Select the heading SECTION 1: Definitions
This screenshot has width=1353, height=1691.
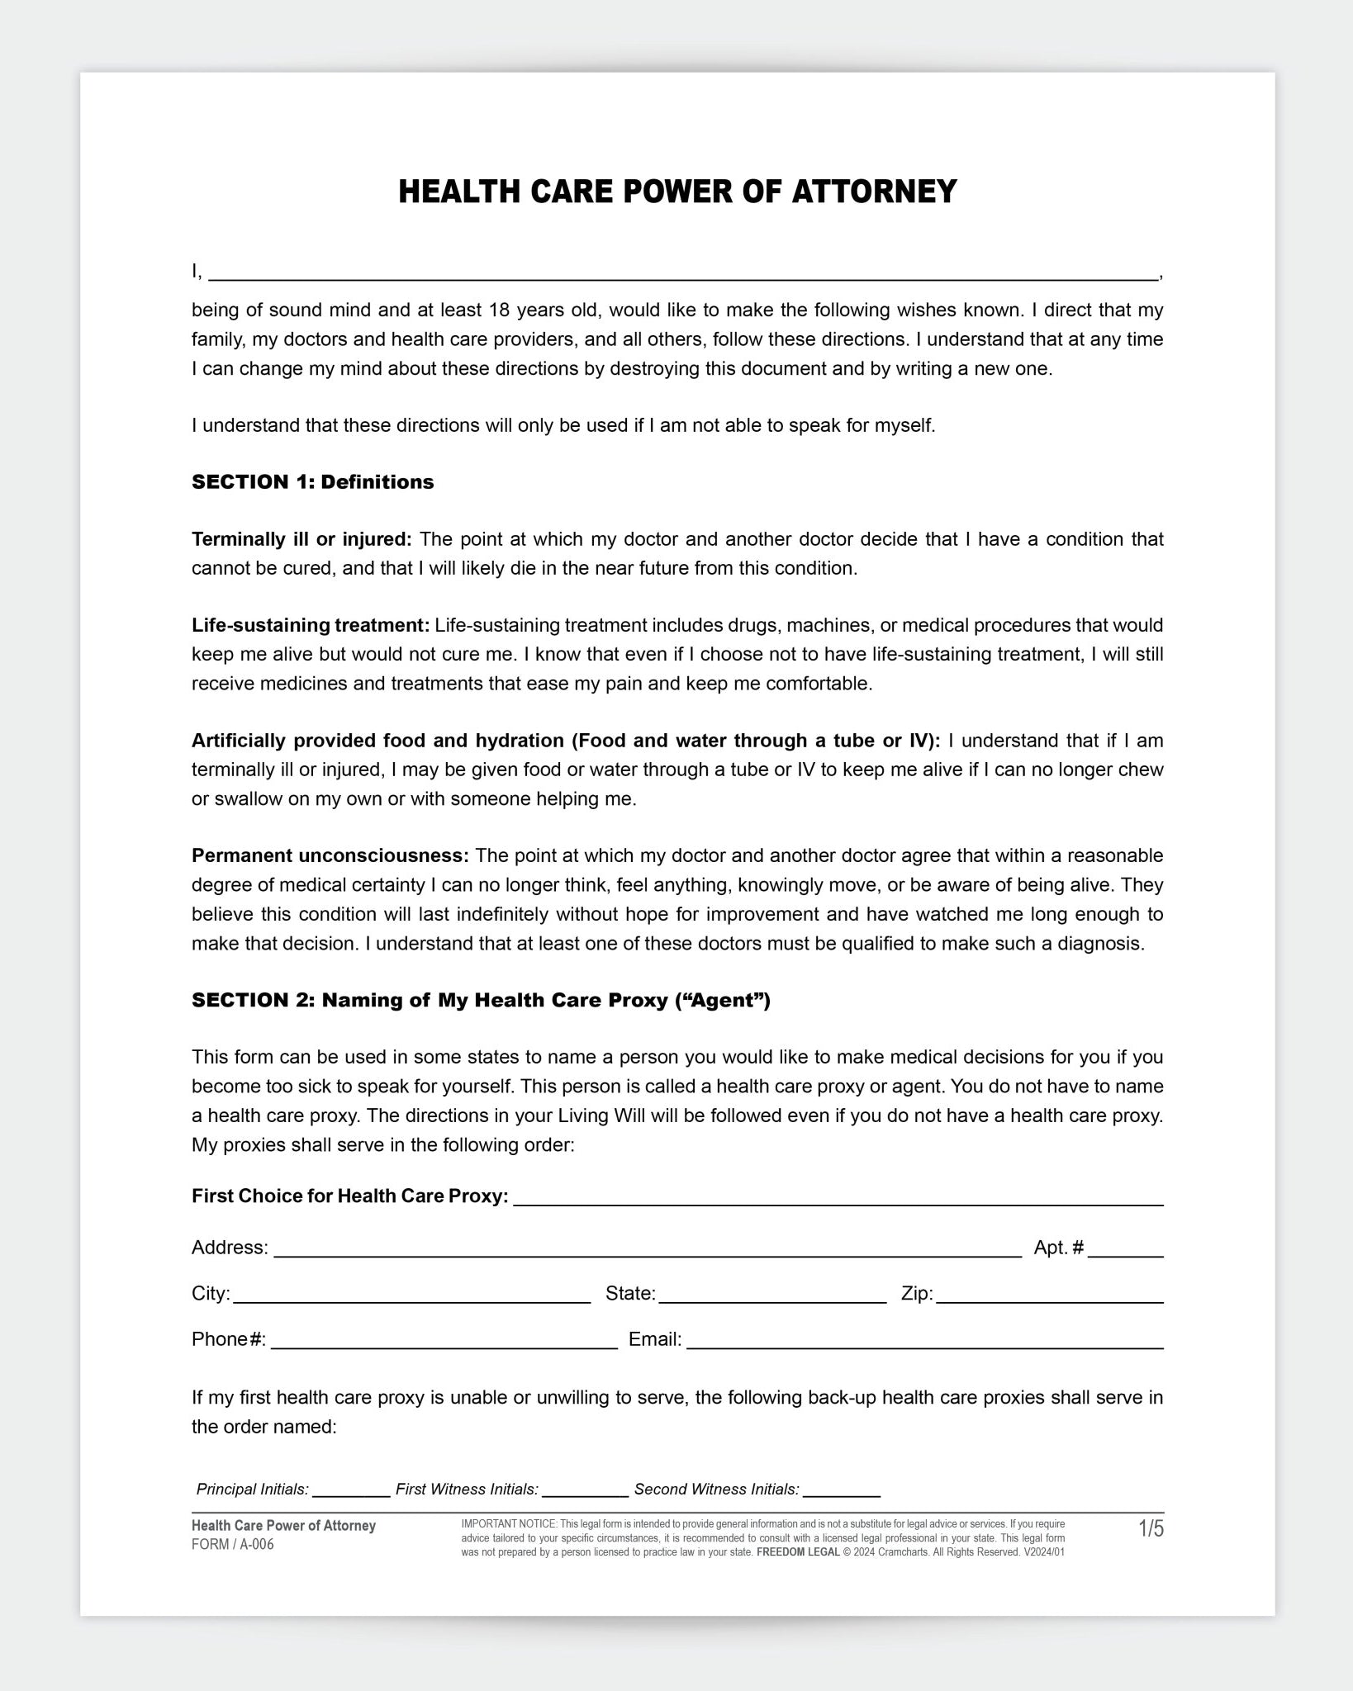tap(312, 482)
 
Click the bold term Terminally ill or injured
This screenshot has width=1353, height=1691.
tap(301, 539)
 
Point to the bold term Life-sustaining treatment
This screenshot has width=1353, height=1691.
tap(311, 625)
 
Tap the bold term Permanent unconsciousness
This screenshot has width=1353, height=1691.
tap(330, 855)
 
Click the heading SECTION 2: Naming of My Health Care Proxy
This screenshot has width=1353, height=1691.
tap(480, 1001)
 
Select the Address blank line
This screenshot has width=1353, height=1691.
tap(647, 1250)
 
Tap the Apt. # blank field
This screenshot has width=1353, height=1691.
tap(1125, 1250)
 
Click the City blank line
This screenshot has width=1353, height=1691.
tap(411, 1296)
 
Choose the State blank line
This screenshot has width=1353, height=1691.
tap(771, 1296)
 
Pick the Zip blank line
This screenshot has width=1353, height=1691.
tap(1049, 1296)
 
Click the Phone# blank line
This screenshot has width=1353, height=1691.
tap(444, 1342)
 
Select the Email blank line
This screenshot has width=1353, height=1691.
tap(924, 1342)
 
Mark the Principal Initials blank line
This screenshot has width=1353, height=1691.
tap(350, 1490)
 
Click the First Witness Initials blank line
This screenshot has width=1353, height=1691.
tap(585, 1490)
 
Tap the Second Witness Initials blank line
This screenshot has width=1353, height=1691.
tap(841, 1490)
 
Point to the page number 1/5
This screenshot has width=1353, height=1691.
tap(1151, 1529)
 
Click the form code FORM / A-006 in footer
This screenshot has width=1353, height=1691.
tap(232, 1545)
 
